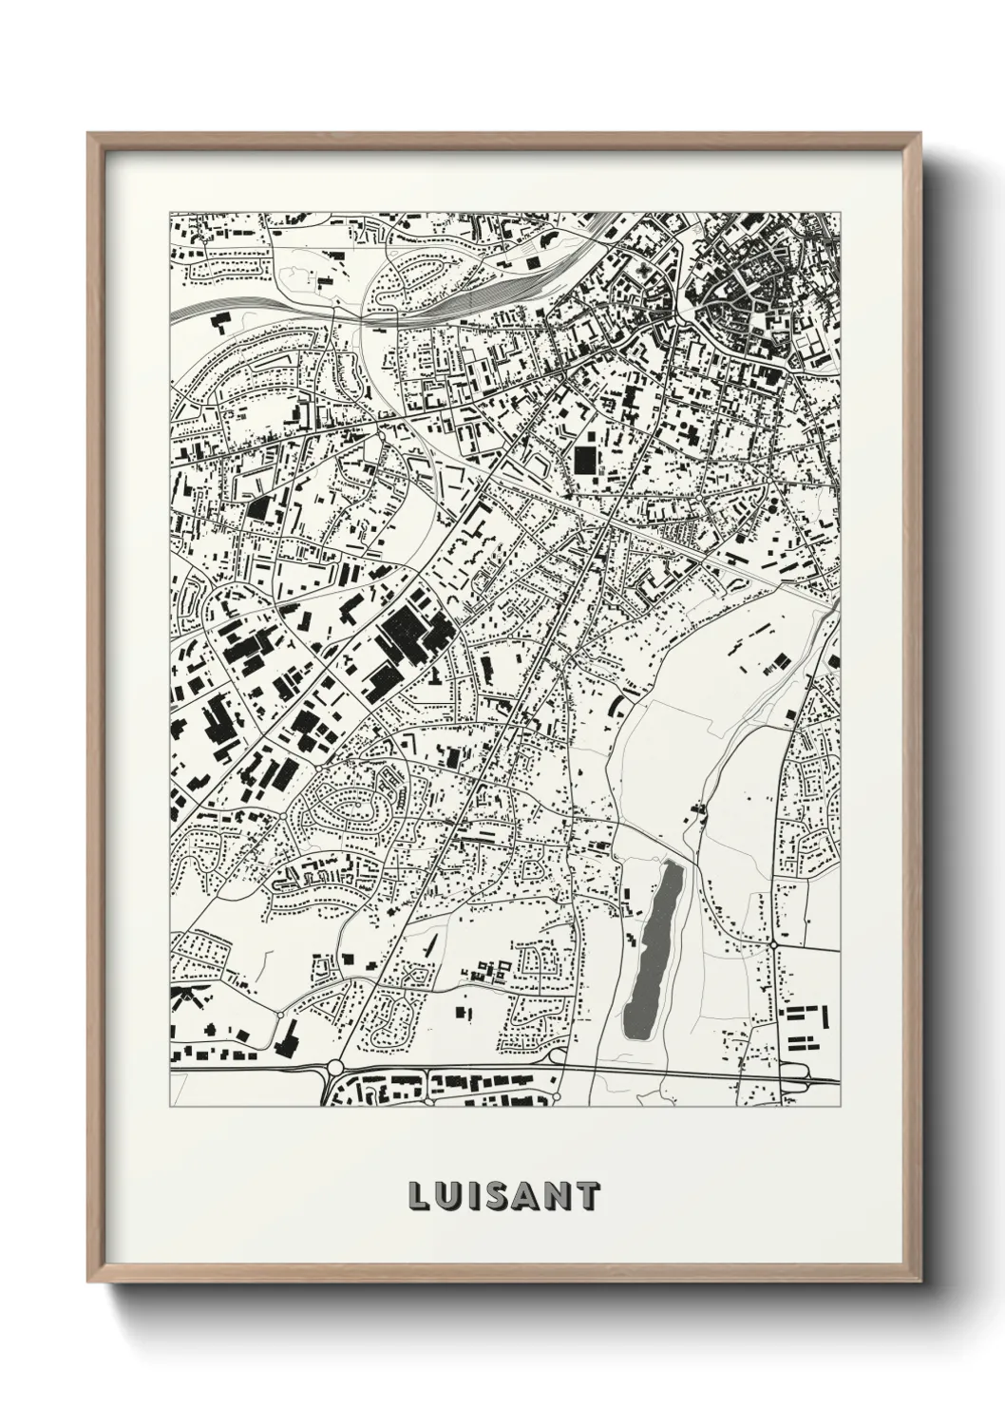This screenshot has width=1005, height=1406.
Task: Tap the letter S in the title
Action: (502, 1196)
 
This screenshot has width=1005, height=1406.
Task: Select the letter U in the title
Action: (448, 1196)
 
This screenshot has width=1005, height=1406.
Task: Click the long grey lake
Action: (652, 950)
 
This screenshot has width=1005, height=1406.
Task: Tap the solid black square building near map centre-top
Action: (582, 460)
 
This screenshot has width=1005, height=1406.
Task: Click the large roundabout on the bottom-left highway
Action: (334, 1069)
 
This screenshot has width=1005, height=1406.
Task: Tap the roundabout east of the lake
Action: (774, 944)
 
